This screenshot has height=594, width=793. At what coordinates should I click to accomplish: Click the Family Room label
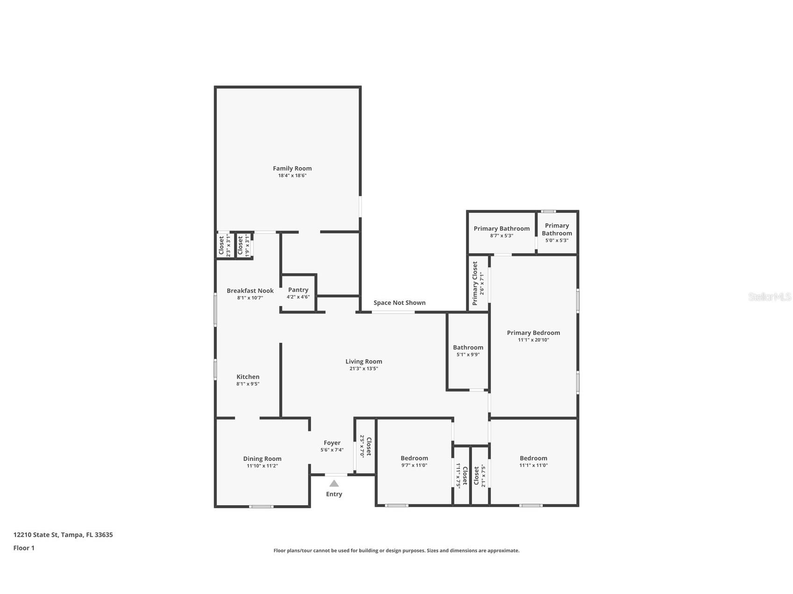[292, 169]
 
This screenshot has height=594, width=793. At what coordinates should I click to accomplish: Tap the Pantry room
[298, 293]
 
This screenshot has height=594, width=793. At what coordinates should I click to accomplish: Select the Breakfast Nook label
[250, 291]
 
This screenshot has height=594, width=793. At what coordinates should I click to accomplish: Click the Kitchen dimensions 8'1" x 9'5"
[248, 384]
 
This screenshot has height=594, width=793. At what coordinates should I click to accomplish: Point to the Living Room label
[364, 361]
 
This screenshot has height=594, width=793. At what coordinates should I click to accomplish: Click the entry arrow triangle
[334, 483]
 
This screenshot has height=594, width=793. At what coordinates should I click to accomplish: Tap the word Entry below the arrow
[334, 494]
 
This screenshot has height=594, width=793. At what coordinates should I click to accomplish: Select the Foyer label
[332, 443]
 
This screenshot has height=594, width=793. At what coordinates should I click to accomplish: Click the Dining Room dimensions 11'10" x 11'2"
[262, 466]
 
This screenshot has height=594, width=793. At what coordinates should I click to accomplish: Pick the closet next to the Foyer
[365, 446]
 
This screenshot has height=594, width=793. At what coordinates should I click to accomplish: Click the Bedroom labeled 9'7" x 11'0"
[414, 461]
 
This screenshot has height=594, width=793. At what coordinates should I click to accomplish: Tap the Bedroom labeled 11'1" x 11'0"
[533, 461]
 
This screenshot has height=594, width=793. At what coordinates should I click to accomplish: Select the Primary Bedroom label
[533, 333]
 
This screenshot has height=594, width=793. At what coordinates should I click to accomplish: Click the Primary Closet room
[478, 283]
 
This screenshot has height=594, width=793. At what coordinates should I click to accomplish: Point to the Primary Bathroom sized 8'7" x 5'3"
[501, 232]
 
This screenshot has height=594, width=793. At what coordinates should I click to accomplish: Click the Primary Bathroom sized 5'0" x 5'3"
[557, 232]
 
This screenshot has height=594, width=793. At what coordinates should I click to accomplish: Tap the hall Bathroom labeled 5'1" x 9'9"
[468, 351]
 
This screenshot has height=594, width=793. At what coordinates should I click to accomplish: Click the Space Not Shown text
[399, 303]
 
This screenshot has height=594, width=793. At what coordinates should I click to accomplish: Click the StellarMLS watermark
[769, 297]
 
